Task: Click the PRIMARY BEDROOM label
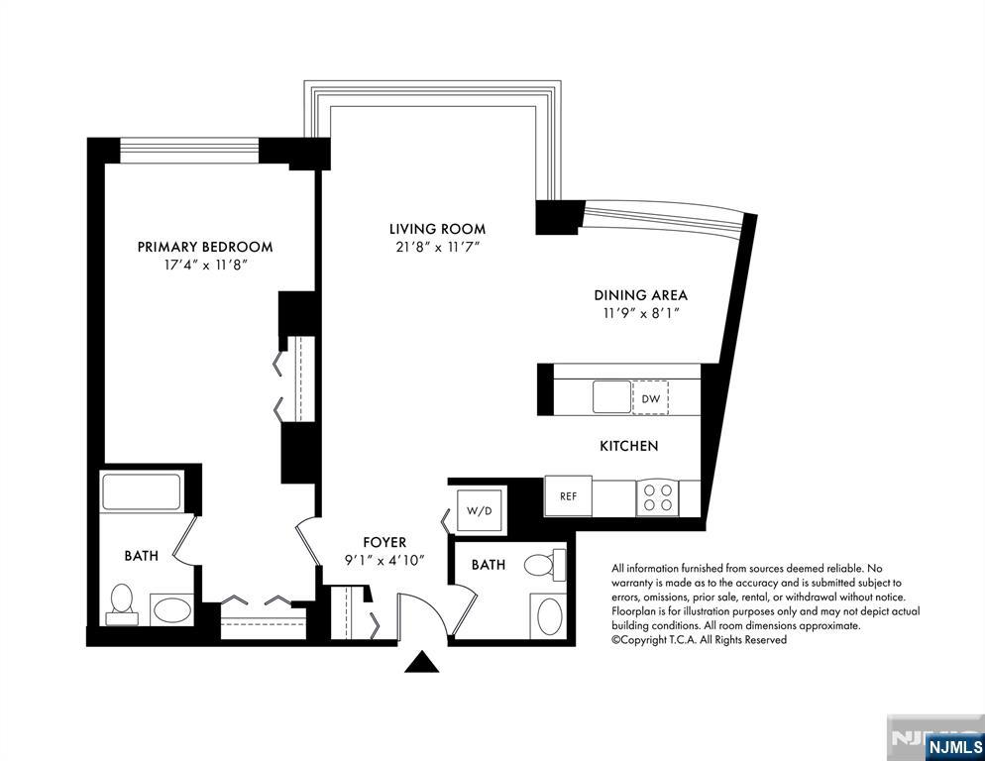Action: coord(204,247)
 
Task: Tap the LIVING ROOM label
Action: coord(436,229)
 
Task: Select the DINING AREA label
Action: coord(640,295)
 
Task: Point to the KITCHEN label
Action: coord(628,447)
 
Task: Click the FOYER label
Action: coord(384,542)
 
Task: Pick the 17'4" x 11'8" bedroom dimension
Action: coord(204,265)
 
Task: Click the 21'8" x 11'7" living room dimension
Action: coord(436,247)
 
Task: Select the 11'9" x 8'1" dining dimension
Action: coord(640,313)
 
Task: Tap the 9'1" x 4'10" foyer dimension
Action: coord(384,560)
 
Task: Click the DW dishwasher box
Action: coord(651,398)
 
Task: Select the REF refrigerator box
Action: coord(569,496)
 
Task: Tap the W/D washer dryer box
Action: coord(478,510)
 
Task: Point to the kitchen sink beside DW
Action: coord(612,397)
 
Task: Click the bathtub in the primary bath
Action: coord(142,491)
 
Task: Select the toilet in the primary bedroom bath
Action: coord(121,602)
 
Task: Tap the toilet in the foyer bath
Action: coord(540,567)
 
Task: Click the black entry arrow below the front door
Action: coord(422,662)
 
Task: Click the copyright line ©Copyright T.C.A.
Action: coord(699,640)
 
